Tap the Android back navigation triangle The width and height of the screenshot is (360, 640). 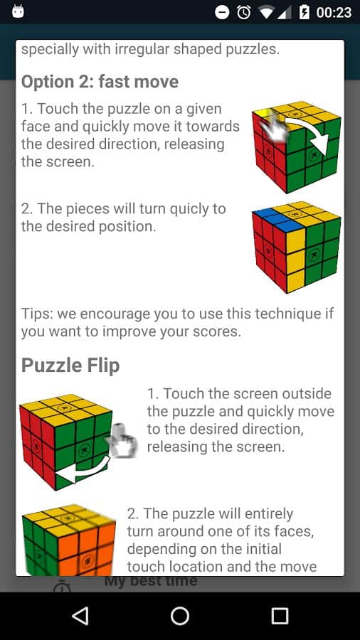click(80, 616)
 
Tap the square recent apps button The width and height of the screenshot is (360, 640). click(280, 616)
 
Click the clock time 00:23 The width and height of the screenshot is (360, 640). click(334, 13)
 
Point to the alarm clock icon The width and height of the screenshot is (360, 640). click(243, 12)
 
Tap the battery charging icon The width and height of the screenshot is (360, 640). click(304, 12)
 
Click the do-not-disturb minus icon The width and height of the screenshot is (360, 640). click(222, 13)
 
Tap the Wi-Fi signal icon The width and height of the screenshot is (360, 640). click(266, 13)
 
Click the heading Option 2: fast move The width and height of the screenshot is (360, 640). click(100, 82)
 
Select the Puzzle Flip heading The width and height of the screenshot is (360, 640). click(70, 365)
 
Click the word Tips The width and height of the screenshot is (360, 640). click(37, 314)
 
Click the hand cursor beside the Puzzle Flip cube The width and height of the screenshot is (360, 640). click(121, 440)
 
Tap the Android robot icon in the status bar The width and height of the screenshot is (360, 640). click(18, 11)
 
